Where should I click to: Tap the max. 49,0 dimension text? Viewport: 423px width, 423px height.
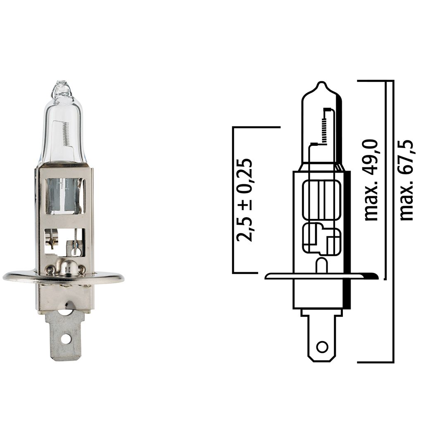tap(371, 179)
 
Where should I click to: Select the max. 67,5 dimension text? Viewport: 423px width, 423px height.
tap(407, 180)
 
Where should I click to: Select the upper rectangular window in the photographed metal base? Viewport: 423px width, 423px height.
tap(65, 196)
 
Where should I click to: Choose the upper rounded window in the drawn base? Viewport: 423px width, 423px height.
tap(321, 200)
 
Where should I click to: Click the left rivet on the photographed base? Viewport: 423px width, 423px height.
tap(51, 269)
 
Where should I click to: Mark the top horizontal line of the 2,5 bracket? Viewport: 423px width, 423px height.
tap(256, 127)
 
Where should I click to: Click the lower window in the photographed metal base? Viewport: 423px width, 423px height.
tap(65, 242)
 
